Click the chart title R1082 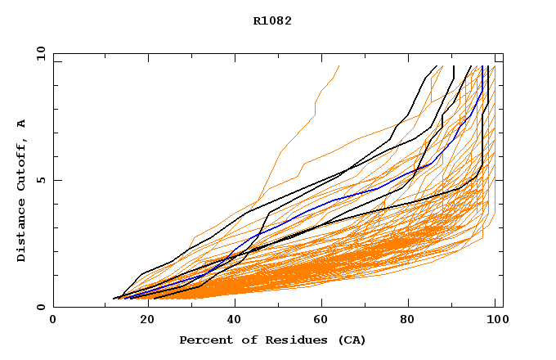pos(272,20)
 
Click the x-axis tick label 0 pos(53,321)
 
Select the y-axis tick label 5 pos(41,180)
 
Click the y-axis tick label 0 pos(41,307)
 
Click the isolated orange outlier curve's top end pos(339,66)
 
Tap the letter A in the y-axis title pos(21,124)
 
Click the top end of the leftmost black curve pos(436,66)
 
